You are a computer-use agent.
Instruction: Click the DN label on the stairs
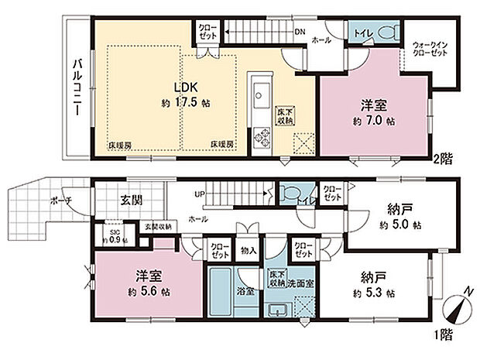pyautogui.click(x=299, y=32)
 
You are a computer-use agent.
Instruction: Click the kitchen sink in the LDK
pyautogui.click(x=258, y=89)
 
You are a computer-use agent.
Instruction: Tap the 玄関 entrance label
pyautogui.click(x=131, y=200)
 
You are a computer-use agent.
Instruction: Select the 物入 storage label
pyautogui.click(x=249, y=252)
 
